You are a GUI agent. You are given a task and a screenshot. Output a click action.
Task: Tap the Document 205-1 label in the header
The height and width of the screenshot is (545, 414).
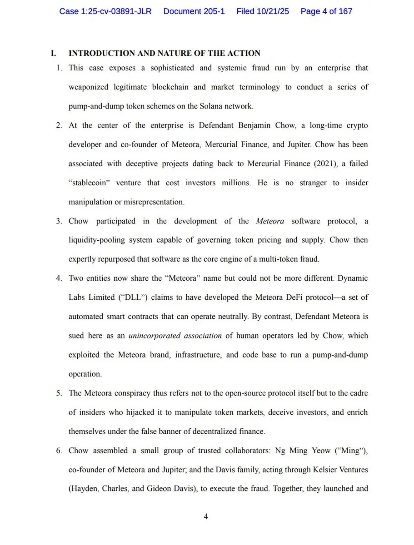[x=194, y=11]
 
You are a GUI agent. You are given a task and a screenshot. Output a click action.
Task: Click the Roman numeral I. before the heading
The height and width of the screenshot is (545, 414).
[x=54, y=53]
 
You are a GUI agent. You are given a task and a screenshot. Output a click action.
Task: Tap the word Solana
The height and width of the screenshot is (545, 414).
[x=212, y=106]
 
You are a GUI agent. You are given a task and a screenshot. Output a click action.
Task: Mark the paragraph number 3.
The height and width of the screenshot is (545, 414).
[x=59, y=221]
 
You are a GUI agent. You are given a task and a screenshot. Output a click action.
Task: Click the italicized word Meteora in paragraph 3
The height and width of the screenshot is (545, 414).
[x=270, y=221]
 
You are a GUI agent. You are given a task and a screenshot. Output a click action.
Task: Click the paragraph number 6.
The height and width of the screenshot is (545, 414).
[x=59, y=451]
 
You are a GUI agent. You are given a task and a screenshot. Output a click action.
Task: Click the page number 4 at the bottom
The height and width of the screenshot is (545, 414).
[x=206, y=516]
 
